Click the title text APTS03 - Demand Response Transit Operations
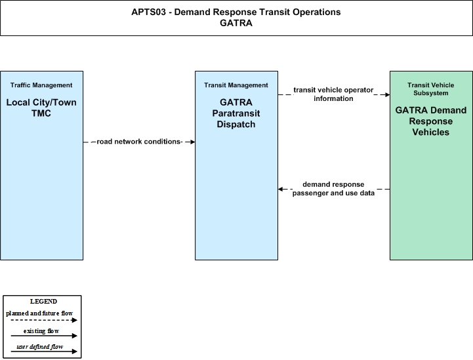(236, 12)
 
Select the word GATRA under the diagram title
(236, 23)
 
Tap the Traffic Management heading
(41, 85)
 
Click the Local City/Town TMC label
(41, 108)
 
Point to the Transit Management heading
(236, 85)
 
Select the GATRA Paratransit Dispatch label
(236, 113)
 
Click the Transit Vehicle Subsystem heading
(431, 89)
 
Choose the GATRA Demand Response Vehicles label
(431, 121)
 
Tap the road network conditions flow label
(139, 142)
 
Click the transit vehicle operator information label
(333, 94)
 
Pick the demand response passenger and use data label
(333, 189)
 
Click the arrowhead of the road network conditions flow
(192, 142)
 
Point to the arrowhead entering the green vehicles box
(387, 94)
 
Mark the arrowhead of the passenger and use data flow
(281, 189)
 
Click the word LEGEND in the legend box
(43, 302)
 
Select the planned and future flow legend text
(39, 313)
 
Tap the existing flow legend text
(41, 331)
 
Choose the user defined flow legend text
(40, 347)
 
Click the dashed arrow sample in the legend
(44, 320)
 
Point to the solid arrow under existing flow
(44, 336)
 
